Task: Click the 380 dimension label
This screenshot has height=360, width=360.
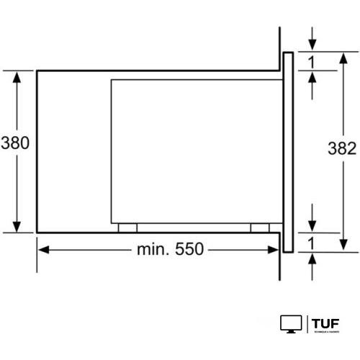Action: click(x=14, y=143)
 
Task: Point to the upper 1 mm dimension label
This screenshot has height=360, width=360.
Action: click(x=312, y=62)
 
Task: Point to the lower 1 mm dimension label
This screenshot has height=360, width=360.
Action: click(x=312, y=243)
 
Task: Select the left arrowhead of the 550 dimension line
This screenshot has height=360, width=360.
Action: click(x=42, y=251)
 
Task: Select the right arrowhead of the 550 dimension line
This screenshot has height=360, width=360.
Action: click(x=277, y=251)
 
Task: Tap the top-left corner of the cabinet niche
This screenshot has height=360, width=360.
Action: click(x=37, y=71)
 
